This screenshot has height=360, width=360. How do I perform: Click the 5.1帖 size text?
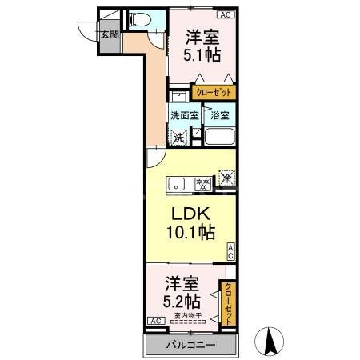204,56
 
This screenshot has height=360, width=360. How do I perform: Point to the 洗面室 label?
184,115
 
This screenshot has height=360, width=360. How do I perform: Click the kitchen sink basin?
178,184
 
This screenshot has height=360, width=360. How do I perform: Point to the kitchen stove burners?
203,184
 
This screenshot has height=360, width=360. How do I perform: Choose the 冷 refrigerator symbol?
227,180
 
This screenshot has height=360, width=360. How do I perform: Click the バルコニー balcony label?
189,346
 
